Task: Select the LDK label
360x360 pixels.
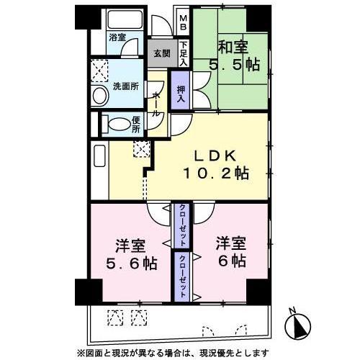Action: [x=215, y=156]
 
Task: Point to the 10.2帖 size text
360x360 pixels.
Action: [x=215, y=174]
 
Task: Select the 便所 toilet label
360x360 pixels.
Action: [x=137, y=124]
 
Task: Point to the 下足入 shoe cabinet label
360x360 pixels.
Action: [x=184, y=55]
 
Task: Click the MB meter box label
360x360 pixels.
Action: [x=183, y=22]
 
